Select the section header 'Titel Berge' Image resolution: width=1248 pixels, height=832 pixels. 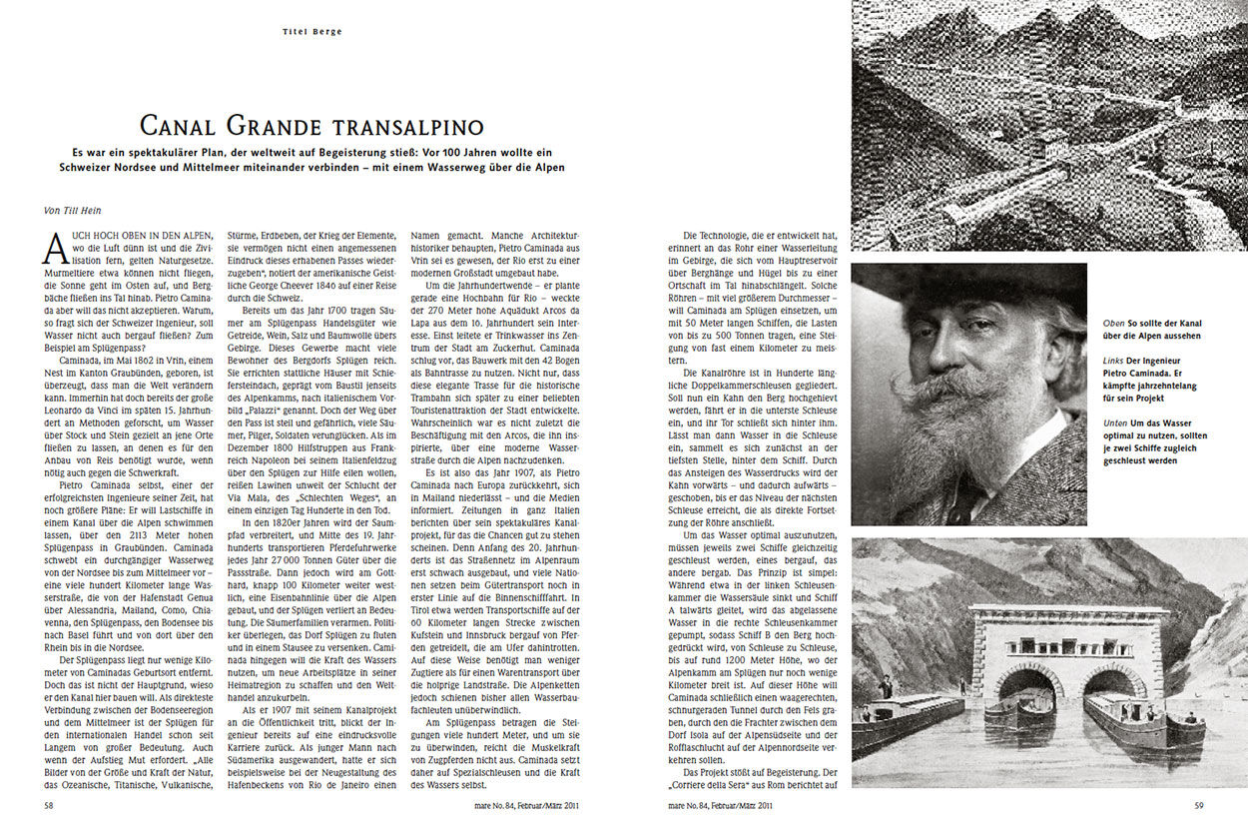coord(312,32)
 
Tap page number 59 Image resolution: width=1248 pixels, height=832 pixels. coord(1200,803)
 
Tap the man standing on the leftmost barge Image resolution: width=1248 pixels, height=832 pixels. coord(885,687)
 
